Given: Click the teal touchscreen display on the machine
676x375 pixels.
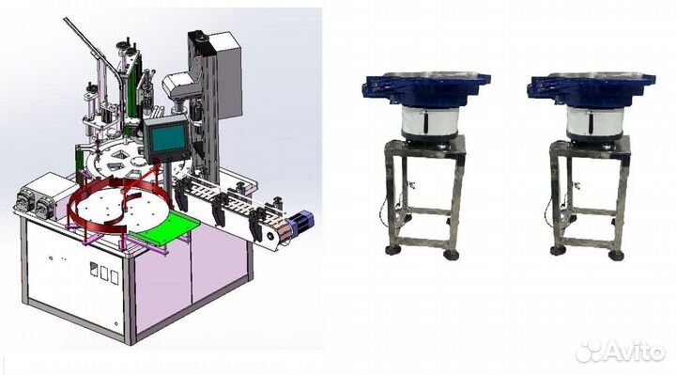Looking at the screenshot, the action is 167,138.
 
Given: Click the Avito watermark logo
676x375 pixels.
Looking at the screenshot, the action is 621,351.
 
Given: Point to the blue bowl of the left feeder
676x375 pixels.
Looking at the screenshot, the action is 426,88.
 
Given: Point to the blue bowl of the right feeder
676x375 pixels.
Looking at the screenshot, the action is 591,88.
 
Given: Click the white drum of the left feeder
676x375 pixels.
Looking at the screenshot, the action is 429,121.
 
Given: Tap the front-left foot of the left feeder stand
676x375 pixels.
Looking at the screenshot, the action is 392,250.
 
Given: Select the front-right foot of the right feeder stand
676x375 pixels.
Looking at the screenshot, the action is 616,255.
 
